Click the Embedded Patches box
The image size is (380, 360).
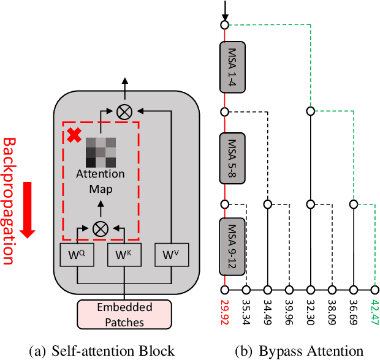pyautogui.click(x=124, y=313)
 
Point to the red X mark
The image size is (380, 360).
pyautogui.click(x=74, y=136)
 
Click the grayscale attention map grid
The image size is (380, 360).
pyautogui.click(x=100, y=151)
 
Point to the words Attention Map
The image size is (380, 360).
pyautogui.click(x=100, y=181)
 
